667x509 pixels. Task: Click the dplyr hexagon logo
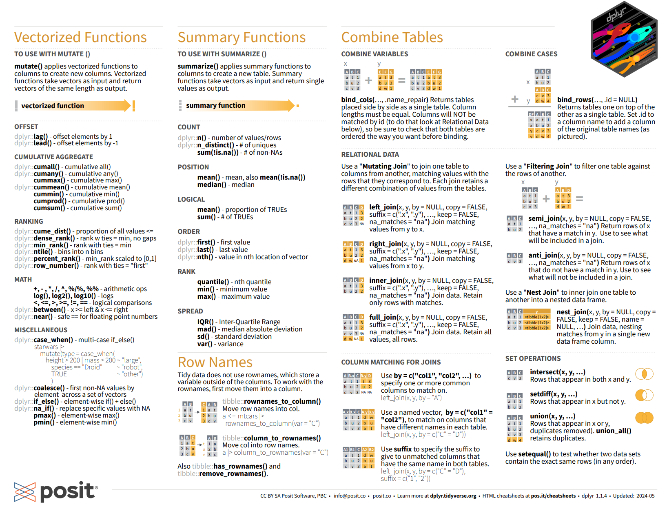click(624, 39)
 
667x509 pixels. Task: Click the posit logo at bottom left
click(56, 491)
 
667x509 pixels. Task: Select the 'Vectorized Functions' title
click(80, 37)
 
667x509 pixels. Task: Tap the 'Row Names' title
click(215, 362)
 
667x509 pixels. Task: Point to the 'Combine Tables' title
click(392, 37)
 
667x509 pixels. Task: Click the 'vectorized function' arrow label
click(53, 106)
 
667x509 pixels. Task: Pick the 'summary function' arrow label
click(216, 105)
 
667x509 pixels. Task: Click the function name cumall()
click(47, 167)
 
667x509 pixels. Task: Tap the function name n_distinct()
click(216, 145)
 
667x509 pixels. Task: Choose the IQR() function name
click(206, 322)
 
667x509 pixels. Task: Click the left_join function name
click(383, 207)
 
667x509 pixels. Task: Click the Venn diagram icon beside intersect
click(645, 373)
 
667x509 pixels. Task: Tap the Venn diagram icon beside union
click(645, 418)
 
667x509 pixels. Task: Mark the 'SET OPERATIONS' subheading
click(533, 358)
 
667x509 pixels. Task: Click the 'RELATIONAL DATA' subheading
click(370, 154)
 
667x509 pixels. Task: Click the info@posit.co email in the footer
click(350, 496)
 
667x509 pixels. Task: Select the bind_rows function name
click(574, 100)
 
